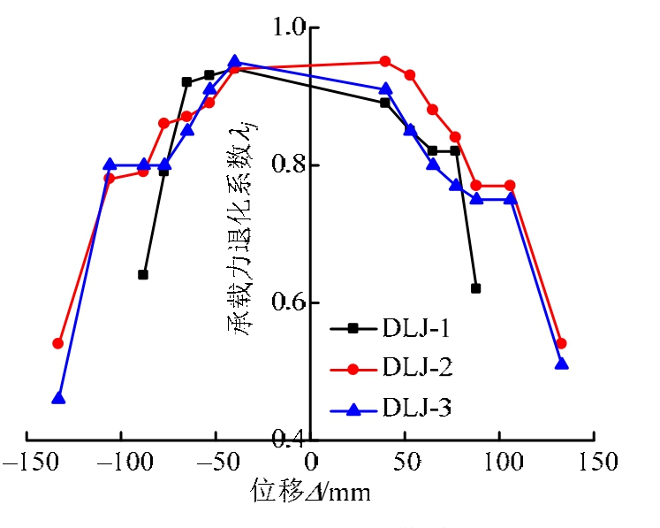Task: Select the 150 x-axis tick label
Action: pyautogui.click(x=596, y=463)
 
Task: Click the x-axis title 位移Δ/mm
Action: pyautogui.click(x=309, y=493)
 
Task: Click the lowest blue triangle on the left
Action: pyautogui.click(x=58, y=398)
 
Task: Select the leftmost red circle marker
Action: pyautogui.click(x=58, y=343)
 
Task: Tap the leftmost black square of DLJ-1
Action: pyautogui.click(x=143, y=274)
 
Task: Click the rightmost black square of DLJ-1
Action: pyautogui.click(x=475, y=288)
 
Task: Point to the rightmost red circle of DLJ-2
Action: pyautogui.click(x=561, y=343)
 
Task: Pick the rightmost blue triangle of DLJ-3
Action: pyautogui.click(x=561, y=363)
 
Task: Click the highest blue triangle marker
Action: pyautogui.click(x=234, y=62)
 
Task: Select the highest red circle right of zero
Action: pyautogui.click(x=385, y=62)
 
